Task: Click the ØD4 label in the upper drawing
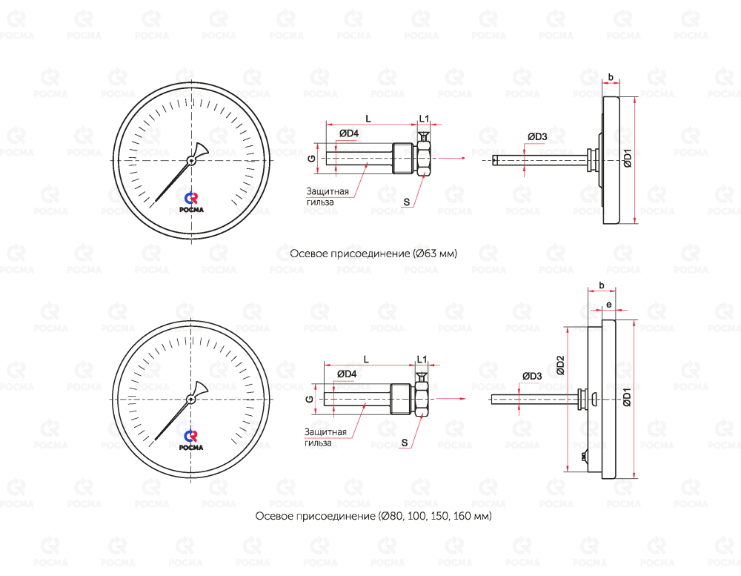349,134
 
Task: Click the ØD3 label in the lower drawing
532,376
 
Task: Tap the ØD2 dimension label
560,365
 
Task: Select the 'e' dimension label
608,305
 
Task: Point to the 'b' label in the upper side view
611,77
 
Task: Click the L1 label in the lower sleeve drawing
422,359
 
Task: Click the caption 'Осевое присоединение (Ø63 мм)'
373,254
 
